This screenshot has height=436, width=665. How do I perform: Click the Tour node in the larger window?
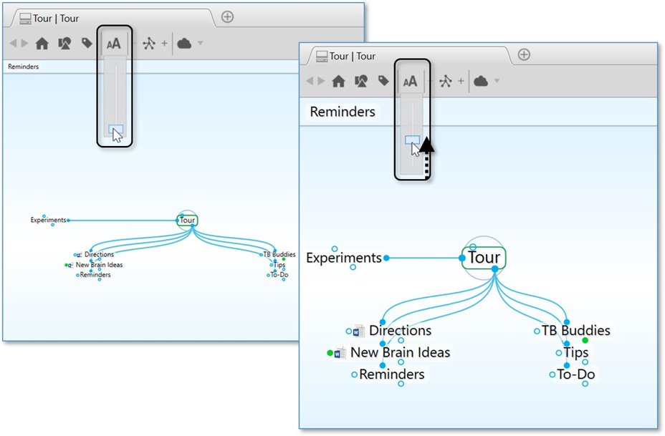tap(484, 258)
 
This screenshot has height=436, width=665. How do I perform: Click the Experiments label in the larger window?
tap(343, 258)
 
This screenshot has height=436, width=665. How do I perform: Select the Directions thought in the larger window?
tap(400, 331)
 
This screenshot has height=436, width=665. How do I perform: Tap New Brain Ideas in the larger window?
tap(400, 352)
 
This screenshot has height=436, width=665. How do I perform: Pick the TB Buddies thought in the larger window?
tap(575, 331)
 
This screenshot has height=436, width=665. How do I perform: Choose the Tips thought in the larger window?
tap(575, 352)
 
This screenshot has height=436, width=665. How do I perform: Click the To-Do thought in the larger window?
tap(576, 374)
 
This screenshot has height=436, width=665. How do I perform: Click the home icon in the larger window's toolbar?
tap(339, 82)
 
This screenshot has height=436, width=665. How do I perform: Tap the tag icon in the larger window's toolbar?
tap(383, 81)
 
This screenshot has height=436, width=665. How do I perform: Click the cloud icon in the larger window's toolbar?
tap(481, 82)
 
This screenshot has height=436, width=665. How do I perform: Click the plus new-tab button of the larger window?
tap(524, 55)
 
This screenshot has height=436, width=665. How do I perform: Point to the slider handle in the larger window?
tap(412, 140)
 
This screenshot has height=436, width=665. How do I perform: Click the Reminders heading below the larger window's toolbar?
tap(343, 112)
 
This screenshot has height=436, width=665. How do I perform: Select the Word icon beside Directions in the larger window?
tap(359, 331)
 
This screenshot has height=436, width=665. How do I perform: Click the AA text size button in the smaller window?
tap(114, 44)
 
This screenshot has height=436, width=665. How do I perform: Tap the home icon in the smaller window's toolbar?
tap(42, 44)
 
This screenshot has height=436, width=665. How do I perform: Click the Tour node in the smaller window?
tap(187, 221)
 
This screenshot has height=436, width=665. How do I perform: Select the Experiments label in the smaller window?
tap(48, 221)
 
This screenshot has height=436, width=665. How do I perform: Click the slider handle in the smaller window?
tap(115, 130)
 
